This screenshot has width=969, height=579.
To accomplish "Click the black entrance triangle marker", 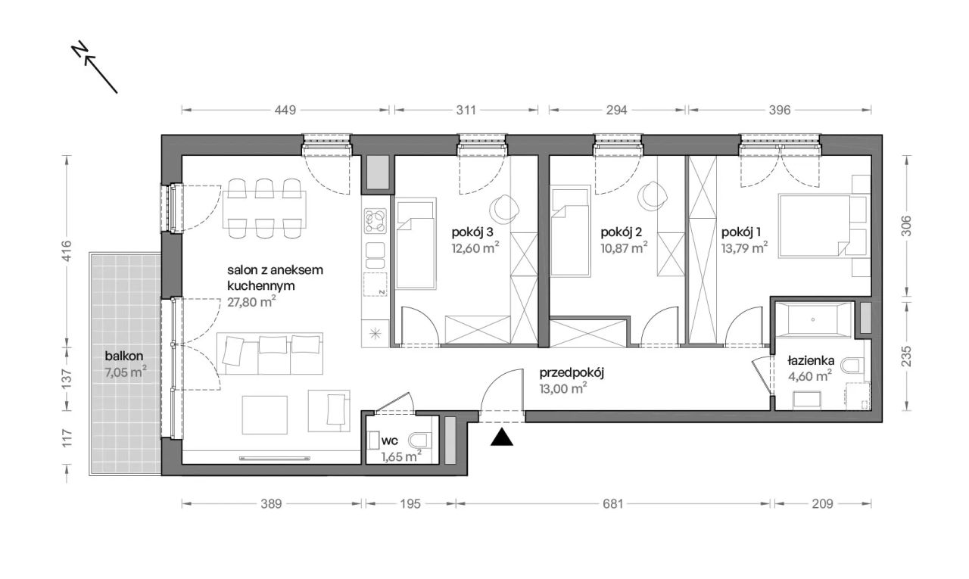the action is (502, 437).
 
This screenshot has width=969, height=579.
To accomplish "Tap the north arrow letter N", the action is (79, 49).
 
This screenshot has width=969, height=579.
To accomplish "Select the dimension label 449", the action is (285, 111).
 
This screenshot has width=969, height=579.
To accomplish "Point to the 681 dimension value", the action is (613, 504).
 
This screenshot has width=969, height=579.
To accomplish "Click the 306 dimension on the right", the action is (907, 226).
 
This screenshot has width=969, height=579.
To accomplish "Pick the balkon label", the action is (123, 356).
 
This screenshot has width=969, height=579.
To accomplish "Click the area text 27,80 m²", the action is (252, 302).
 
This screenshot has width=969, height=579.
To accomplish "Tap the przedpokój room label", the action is (572, 373).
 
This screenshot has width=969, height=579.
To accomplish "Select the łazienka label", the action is (811, 360).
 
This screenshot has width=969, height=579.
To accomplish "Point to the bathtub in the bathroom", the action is (813, 319).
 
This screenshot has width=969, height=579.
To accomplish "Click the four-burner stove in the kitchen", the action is (375, 221).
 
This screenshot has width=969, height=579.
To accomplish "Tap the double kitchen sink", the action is (375, 256).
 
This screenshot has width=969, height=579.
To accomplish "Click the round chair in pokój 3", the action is (504, 210).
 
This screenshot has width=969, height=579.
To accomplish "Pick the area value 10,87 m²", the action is (624, 248).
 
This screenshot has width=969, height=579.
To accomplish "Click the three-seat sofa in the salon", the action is (270, 353).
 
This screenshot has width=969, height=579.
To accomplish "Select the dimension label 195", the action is (410, 504).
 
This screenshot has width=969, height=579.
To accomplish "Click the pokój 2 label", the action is (621, 232).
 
